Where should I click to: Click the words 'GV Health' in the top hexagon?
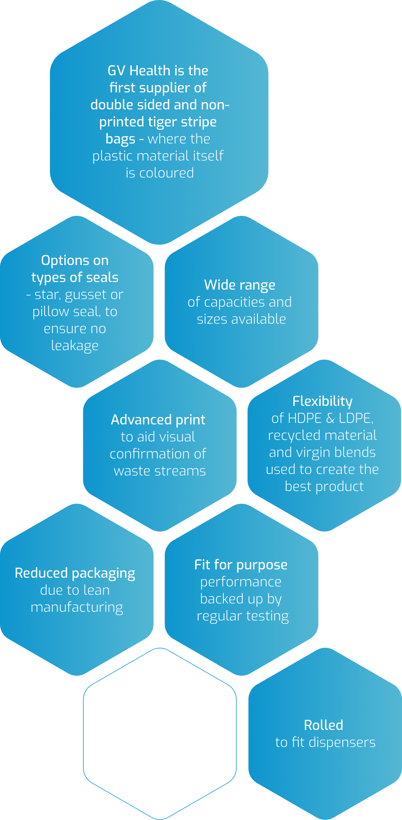[139, 71]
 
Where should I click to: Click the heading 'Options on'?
[75, 260]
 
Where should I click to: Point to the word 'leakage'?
[75, 346]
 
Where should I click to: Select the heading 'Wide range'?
[240, 285]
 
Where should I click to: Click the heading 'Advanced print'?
[158, 420]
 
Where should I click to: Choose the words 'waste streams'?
[160, 471]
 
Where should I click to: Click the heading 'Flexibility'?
[323, 401]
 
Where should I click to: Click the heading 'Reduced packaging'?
[75, 573]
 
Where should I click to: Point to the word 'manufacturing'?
[77, 607]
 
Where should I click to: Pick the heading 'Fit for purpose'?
[241, 565]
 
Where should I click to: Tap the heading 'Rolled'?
[324, 725]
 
